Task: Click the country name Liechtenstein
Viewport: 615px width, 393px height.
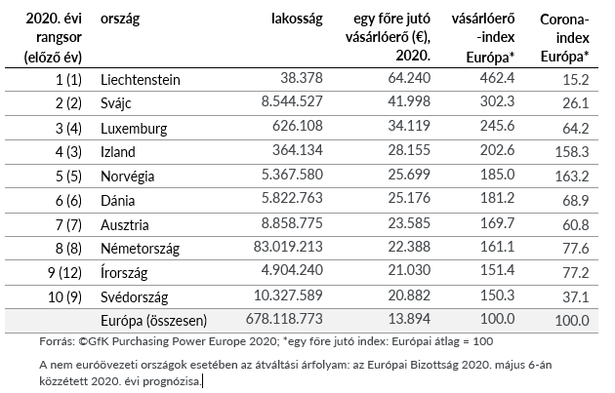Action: [x=140, y=80]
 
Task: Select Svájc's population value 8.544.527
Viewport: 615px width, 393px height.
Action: [x=292, y=101]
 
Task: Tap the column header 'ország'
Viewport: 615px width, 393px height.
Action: [x=120, y=19]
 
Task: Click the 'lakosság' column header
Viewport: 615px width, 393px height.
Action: [x=297, y=19]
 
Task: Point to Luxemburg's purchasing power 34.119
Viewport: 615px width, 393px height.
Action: [x=409, y=126]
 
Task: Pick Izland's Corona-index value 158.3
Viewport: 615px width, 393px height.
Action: [x=572, y=151]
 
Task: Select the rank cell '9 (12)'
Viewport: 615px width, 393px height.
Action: [x=64, y=273]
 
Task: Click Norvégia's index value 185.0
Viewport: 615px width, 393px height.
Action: [x=497, y=174]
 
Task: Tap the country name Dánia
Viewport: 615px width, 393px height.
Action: [x=118, y=201]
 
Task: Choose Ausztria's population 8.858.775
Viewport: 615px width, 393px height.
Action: [x=292, y=223]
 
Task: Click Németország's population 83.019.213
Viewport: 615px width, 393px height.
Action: [x=288, y=247]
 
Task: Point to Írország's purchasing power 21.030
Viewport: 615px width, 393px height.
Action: [x=409, y=270]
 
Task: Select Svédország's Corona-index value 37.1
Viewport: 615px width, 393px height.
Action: [x=576, y=297]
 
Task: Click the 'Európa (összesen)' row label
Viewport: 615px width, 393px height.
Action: [x=153, y=321]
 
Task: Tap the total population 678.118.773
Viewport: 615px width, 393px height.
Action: [x=284, y=319]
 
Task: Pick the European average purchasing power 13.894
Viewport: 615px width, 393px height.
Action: [x=409, y=319]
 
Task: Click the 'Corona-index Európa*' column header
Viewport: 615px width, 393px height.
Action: [x=564, y=38]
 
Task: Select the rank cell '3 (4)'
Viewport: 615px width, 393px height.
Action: [x=68, y=129]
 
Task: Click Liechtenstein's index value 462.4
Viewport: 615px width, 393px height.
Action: [x=497, y=78]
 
